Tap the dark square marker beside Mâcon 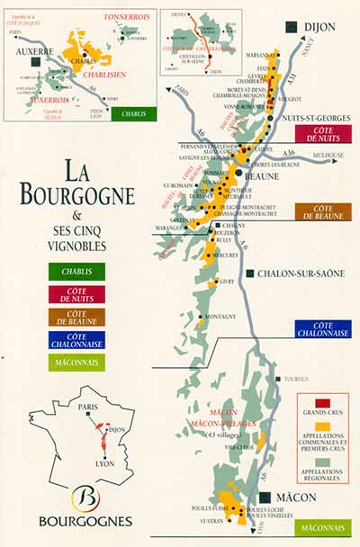pyautogui.click(x=266, y=497)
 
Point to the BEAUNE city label pyautogui.click(x=263, y=177)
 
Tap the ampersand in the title pyautogui.click(x=76, y=215)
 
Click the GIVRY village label pyautogui.click(x=226, y=282)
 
